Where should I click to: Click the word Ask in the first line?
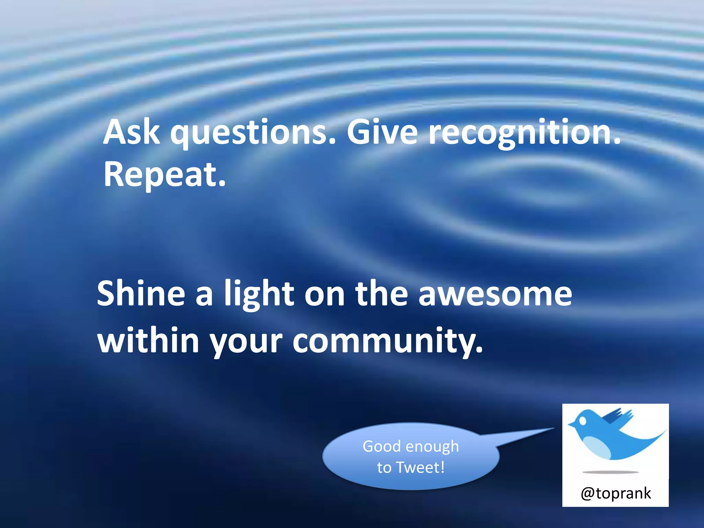click(131, 132)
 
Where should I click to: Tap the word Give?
click(382, 132)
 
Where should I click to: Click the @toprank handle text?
click(616, 493)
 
